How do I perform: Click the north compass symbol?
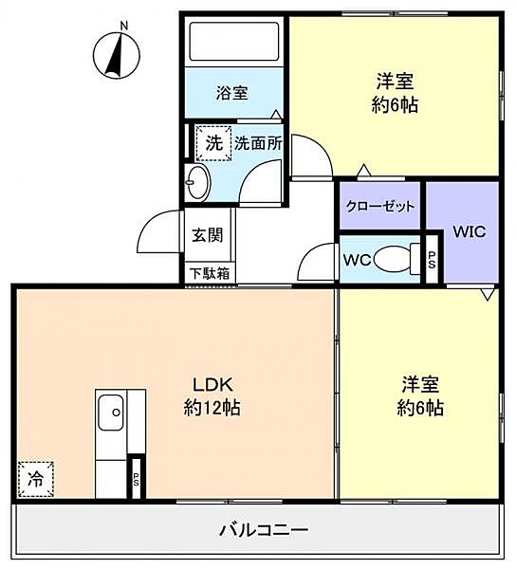pyautogui.click(x=116, y=54)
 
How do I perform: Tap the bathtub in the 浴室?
pyautogui.click(x=234, y=42)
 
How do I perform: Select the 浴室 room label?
pyautogui.click(x=232, y=93)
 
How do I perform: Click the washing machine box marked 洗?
pyautogui.click(x=213, y=143)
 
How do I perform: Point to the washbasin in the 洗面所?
pyautogui.click(x=197, y=182)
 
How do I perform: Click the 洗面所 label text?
pyautogui.click(x=258, y=144)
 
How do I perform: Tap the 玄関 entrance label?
pyautogui.click(x=208, y=235)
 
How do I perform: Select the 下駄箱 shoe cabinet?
pyautogui.click(x=211, y=273)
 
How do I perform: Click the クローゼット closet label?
pyautogui.click(x=380, y=206)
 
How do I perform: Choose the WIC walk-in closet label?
pyautogui.click(x=470, y=231)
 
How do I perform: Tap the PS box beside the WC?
pyautogui.click(x=432, y=260)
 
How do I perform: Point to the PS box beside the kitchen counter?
pyautogui.click(x=136, y=478)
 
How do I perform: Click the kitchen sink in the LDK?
pyautogui.click(x=111, y=413)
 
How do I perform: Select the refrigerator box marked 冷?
pyautogui.click(x=36, y=479)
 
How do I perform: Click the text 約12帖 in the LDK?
pyautogui.click(x=212, y=408)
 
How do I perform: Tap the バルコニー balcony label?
pyautogui.click(x=264, y=530)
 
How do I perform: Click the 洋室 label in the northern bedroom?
pyautogui.click(x=395, y=81)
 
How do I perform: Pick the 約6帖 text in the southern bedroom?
pyautogui.click(x=420, y=408)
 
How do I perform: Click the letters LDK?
pyautogui.click(x=212, y=384)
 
